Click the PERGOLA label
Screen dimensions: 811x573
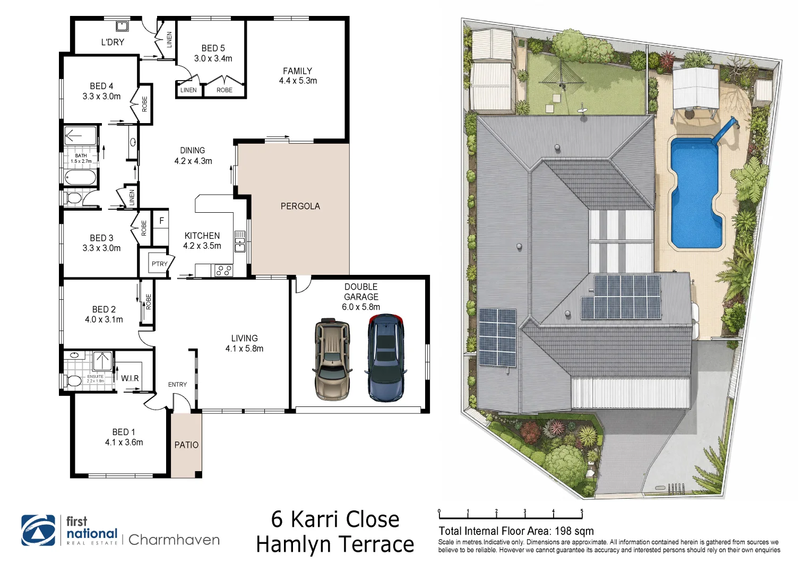[300, 206]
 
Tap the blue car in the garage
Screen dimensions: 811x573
[386, 358]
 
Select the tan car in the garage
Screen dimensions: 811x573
[332, 359]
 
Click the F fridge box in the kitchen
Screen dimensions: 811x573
[161, 220]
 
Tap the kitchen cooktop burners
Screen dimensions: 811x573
[223, 271]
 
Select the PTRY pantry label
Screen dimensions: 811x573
[160, 264]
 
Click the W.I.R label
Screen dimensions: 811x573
[130, 378]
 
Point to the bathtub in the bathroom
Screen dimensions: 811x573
[80, 178]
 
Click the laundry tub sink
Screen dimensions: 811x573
[122, 26]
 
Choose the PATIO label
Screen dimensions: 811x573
[186, 445]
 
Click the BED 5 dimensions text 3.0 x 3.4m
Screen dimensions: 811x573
[213, 58]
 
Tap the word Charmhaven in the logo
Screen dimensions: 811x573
[174, 540]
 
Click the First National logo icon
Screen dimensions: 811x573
[38, 530]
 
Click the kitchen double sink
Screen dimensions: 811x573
[240, 241]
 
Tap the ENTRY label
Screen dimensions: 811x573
[177, 385]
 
